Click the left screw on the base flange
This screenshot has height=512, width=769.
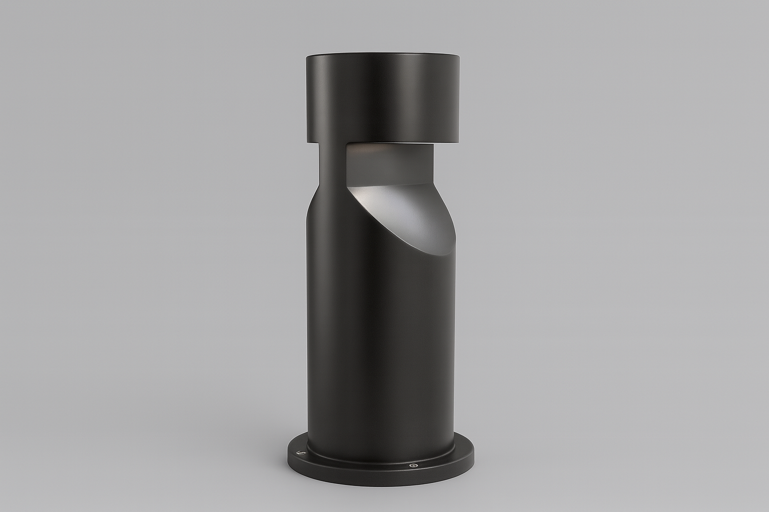[x=301, y=453]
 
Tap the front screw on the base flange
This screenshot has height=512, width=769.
[x=414, y=465]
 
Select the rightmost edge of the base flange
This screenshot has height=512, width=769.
[x=474, y=457]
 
